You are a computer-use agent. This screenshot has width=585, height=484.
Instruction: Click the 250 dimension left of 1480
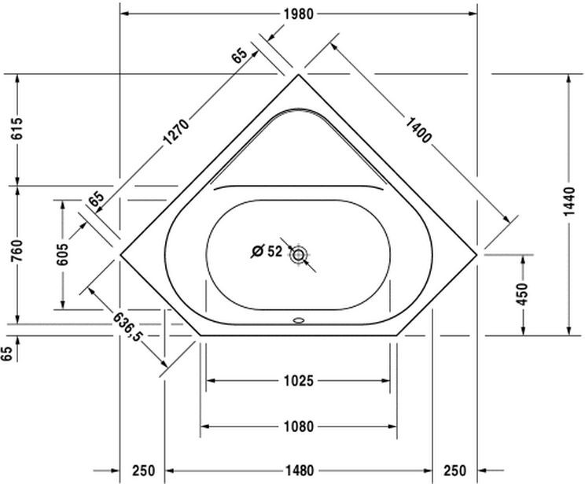142,471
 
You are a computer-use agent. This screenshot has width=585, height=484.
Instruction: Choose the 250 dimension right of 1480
455,471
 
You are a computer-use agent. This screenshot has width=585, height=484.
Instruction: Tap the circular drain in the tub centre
299,254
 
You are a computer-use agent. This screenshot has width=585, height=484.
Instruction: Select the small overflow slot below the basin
298,320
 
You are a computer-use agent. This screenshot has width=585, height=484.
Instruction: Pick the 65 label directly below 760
8,354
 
